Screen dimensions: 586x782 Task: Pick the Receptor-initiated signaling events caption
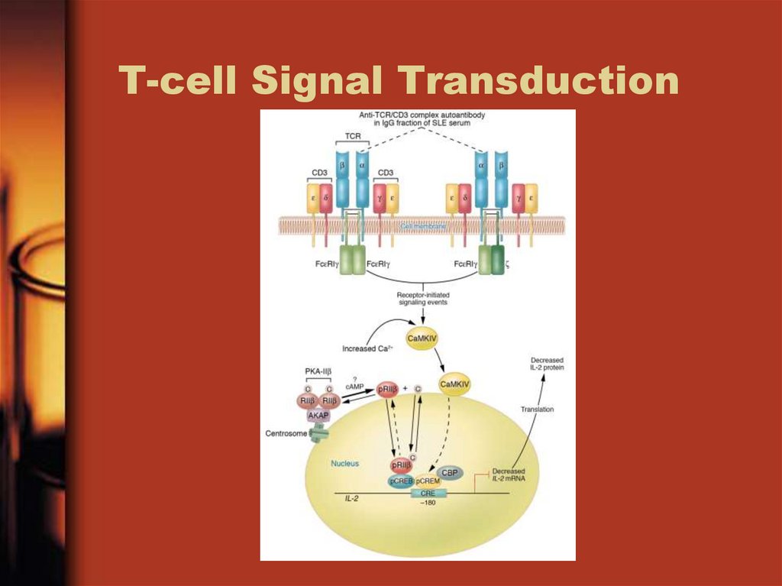pos(422,298)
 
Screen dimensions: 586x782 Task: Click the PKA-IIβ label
pos(318,371)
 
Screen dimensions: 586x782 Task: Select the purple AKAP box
pos(318,416)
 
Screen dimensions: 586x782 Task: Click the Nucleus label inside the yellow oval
pos(344,463)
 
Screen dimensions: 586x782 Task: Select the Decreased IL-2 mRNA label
pos(509,474)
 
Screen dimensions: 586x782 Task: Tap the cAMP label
pos(354,387)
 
